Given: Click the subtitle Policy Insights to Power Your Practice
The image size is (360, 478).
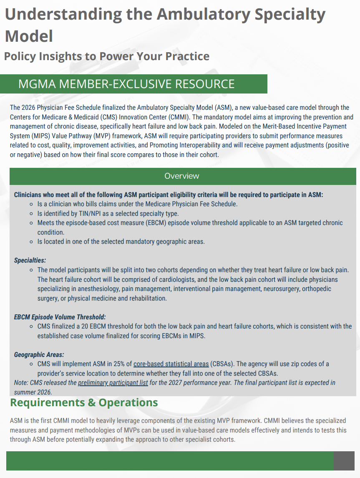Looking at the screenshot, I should click(107, 56).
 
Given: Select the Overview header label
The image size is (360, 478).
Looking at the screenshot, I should click(182, 176).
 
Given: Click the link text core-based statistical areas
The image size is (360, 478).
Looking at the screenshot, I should click(171, 364).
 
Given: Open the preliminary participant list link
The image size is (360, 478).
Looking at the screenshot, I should click(113, 382).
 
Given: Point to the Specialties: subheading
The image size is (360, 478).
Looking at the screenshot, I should click(30, 260).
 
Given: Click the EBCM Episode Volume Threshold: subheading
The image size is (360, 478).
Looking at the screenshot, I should click(60, 317).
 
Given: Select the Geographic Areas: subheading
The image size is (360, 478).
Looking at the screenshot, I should click(39, 355).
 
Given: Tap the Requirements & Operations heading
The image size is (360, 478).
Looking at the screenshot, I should click(84, 403).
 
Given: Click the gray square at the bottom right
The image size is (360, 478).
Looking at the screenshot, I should click(344, 461).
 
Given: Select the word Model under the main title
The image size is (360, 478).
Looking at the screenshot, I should click(29, 36).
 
